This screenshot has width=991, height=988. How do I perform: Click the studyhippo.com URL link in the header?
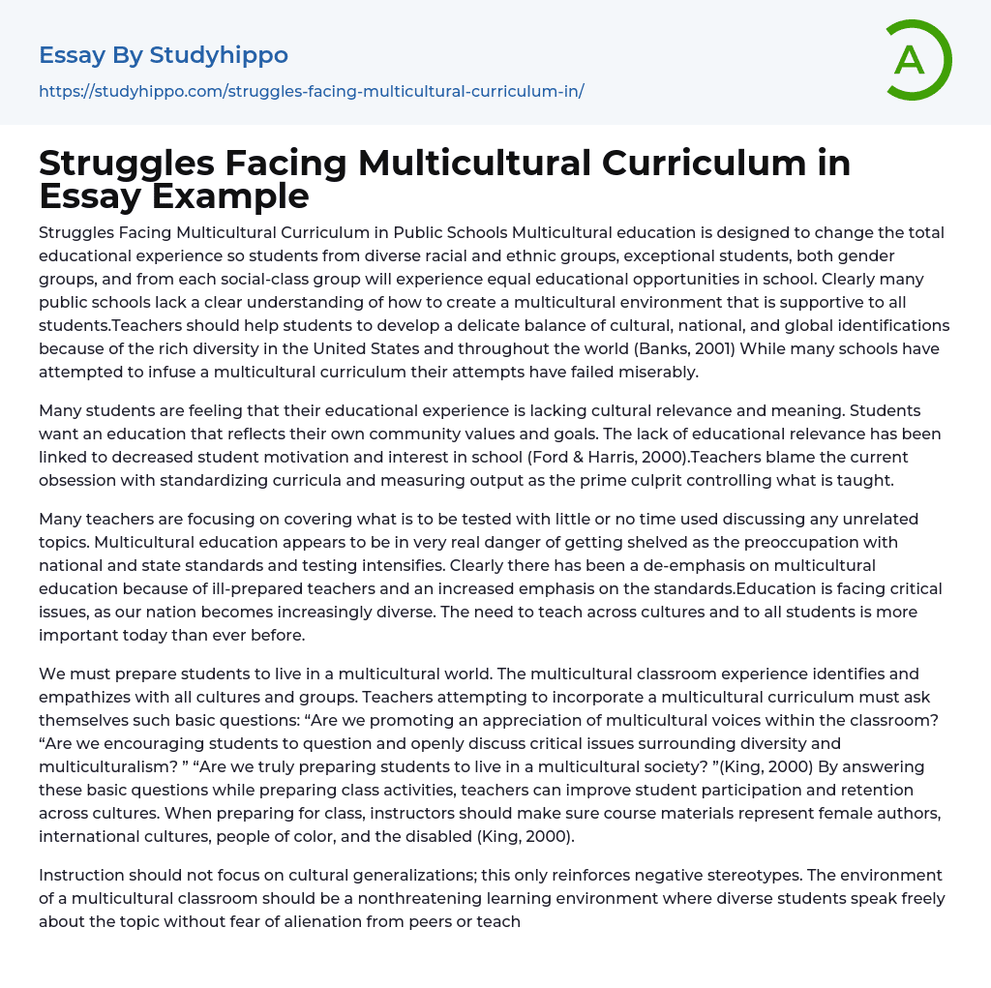point(311,92)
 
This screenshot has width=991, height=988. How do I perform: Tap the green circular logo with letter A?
point(914,60)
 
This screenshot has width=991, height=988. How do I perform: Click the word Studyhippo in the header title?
point(219,55)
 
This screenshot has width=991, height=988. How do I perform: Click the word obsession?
point(78,480)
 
